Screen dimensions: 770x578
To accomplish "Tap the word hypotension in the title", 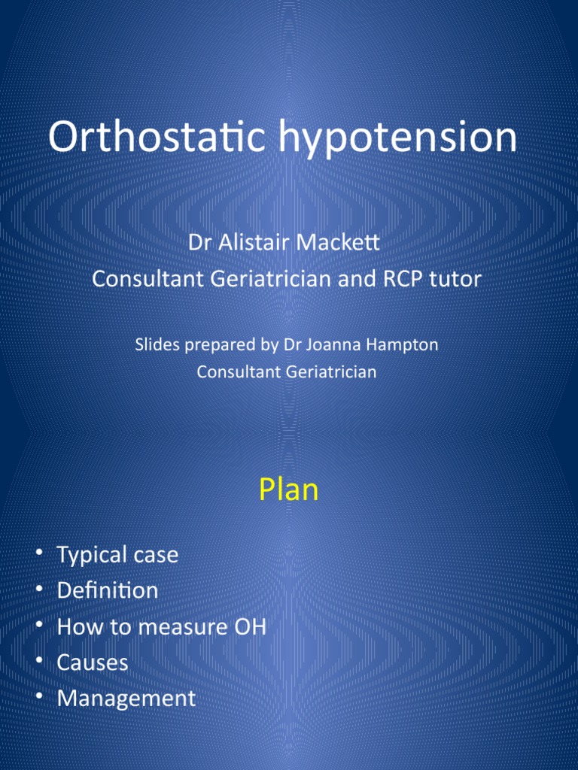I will coord(412,139).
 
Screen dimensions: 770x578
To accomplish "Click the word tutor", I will coord(457,279).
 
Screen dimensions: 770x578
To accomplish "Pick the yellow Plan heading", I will coord(289,490).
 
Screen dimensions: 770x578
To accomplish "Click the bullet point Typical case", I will coord(117,555).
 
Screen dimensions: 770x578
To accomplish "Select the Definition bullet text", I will coord(108,590).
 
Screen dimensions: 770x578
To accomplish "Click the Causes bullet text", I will coord(93,662).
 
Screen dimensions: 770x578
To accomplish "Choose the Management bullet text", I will coord(126,699).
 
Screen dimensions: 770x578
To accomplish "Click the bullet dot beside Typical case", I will coord(38,554).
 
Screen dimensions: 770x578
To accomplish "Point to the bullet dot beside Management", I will coord(38,697).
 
